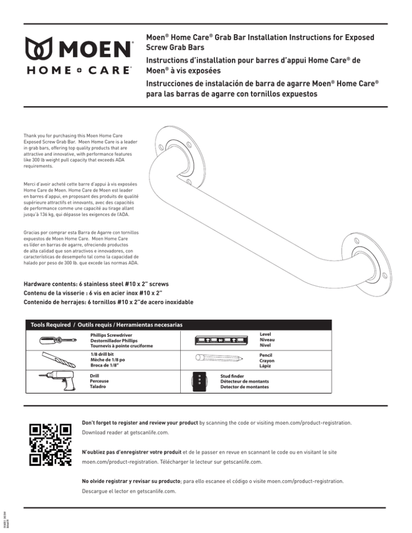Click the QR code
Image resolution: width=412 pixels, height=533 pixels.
(x=50, y=444)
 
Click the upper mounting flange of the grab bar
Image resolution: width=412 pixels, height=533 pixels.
(x=174, y=146)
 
